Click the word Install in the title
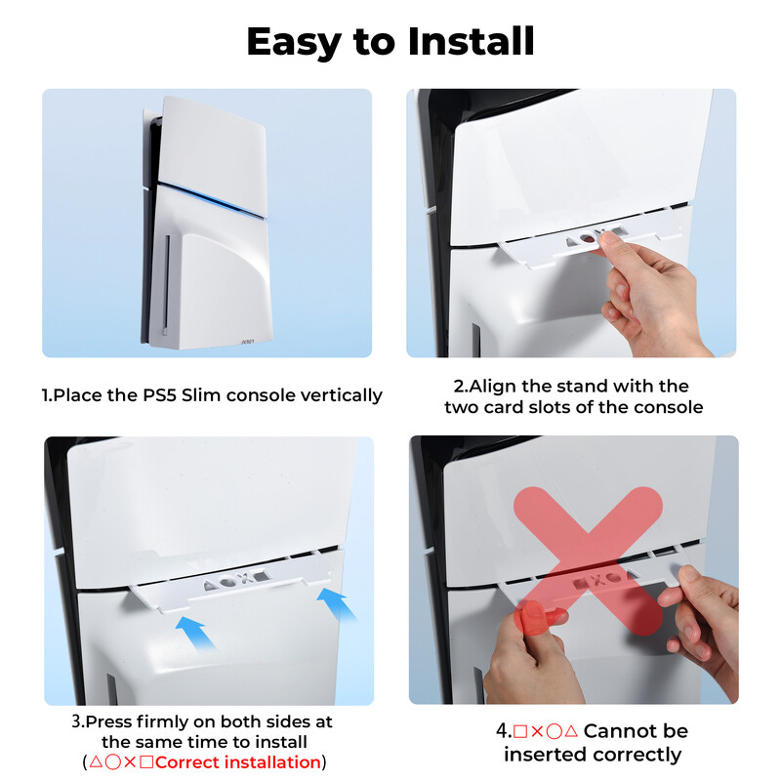point(472,41)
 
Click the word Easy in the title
point(294,43)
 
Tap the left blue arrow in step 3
point(196,632)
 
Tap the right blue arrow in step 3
point(336,603)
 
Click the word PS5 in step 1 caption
point(159,395)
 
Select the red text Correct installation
point(238,762)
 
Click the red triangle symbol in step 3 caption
point(95,762)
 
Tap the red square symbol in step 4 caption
point(520,731)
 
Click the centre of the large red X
point(589,559)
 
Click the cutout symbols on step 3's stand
point(235,580)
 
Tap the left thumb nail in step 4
point(533,617)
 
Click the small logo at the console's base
point(248,342)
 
